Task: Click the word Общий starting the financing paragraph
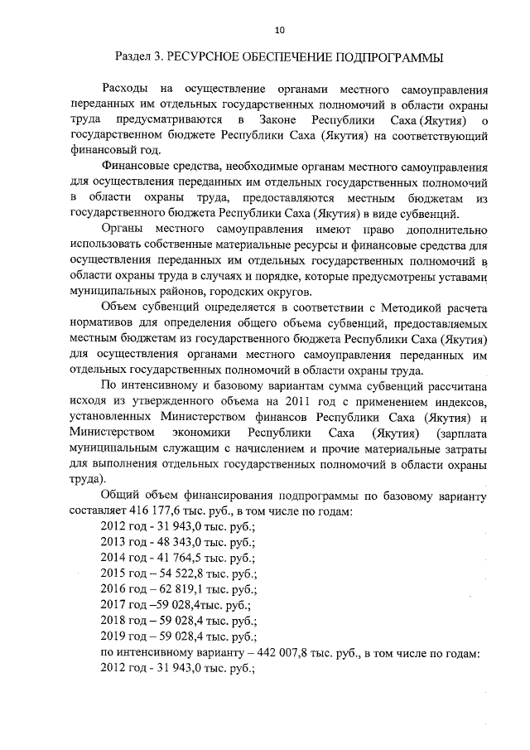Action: click(x=122, y=496)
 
